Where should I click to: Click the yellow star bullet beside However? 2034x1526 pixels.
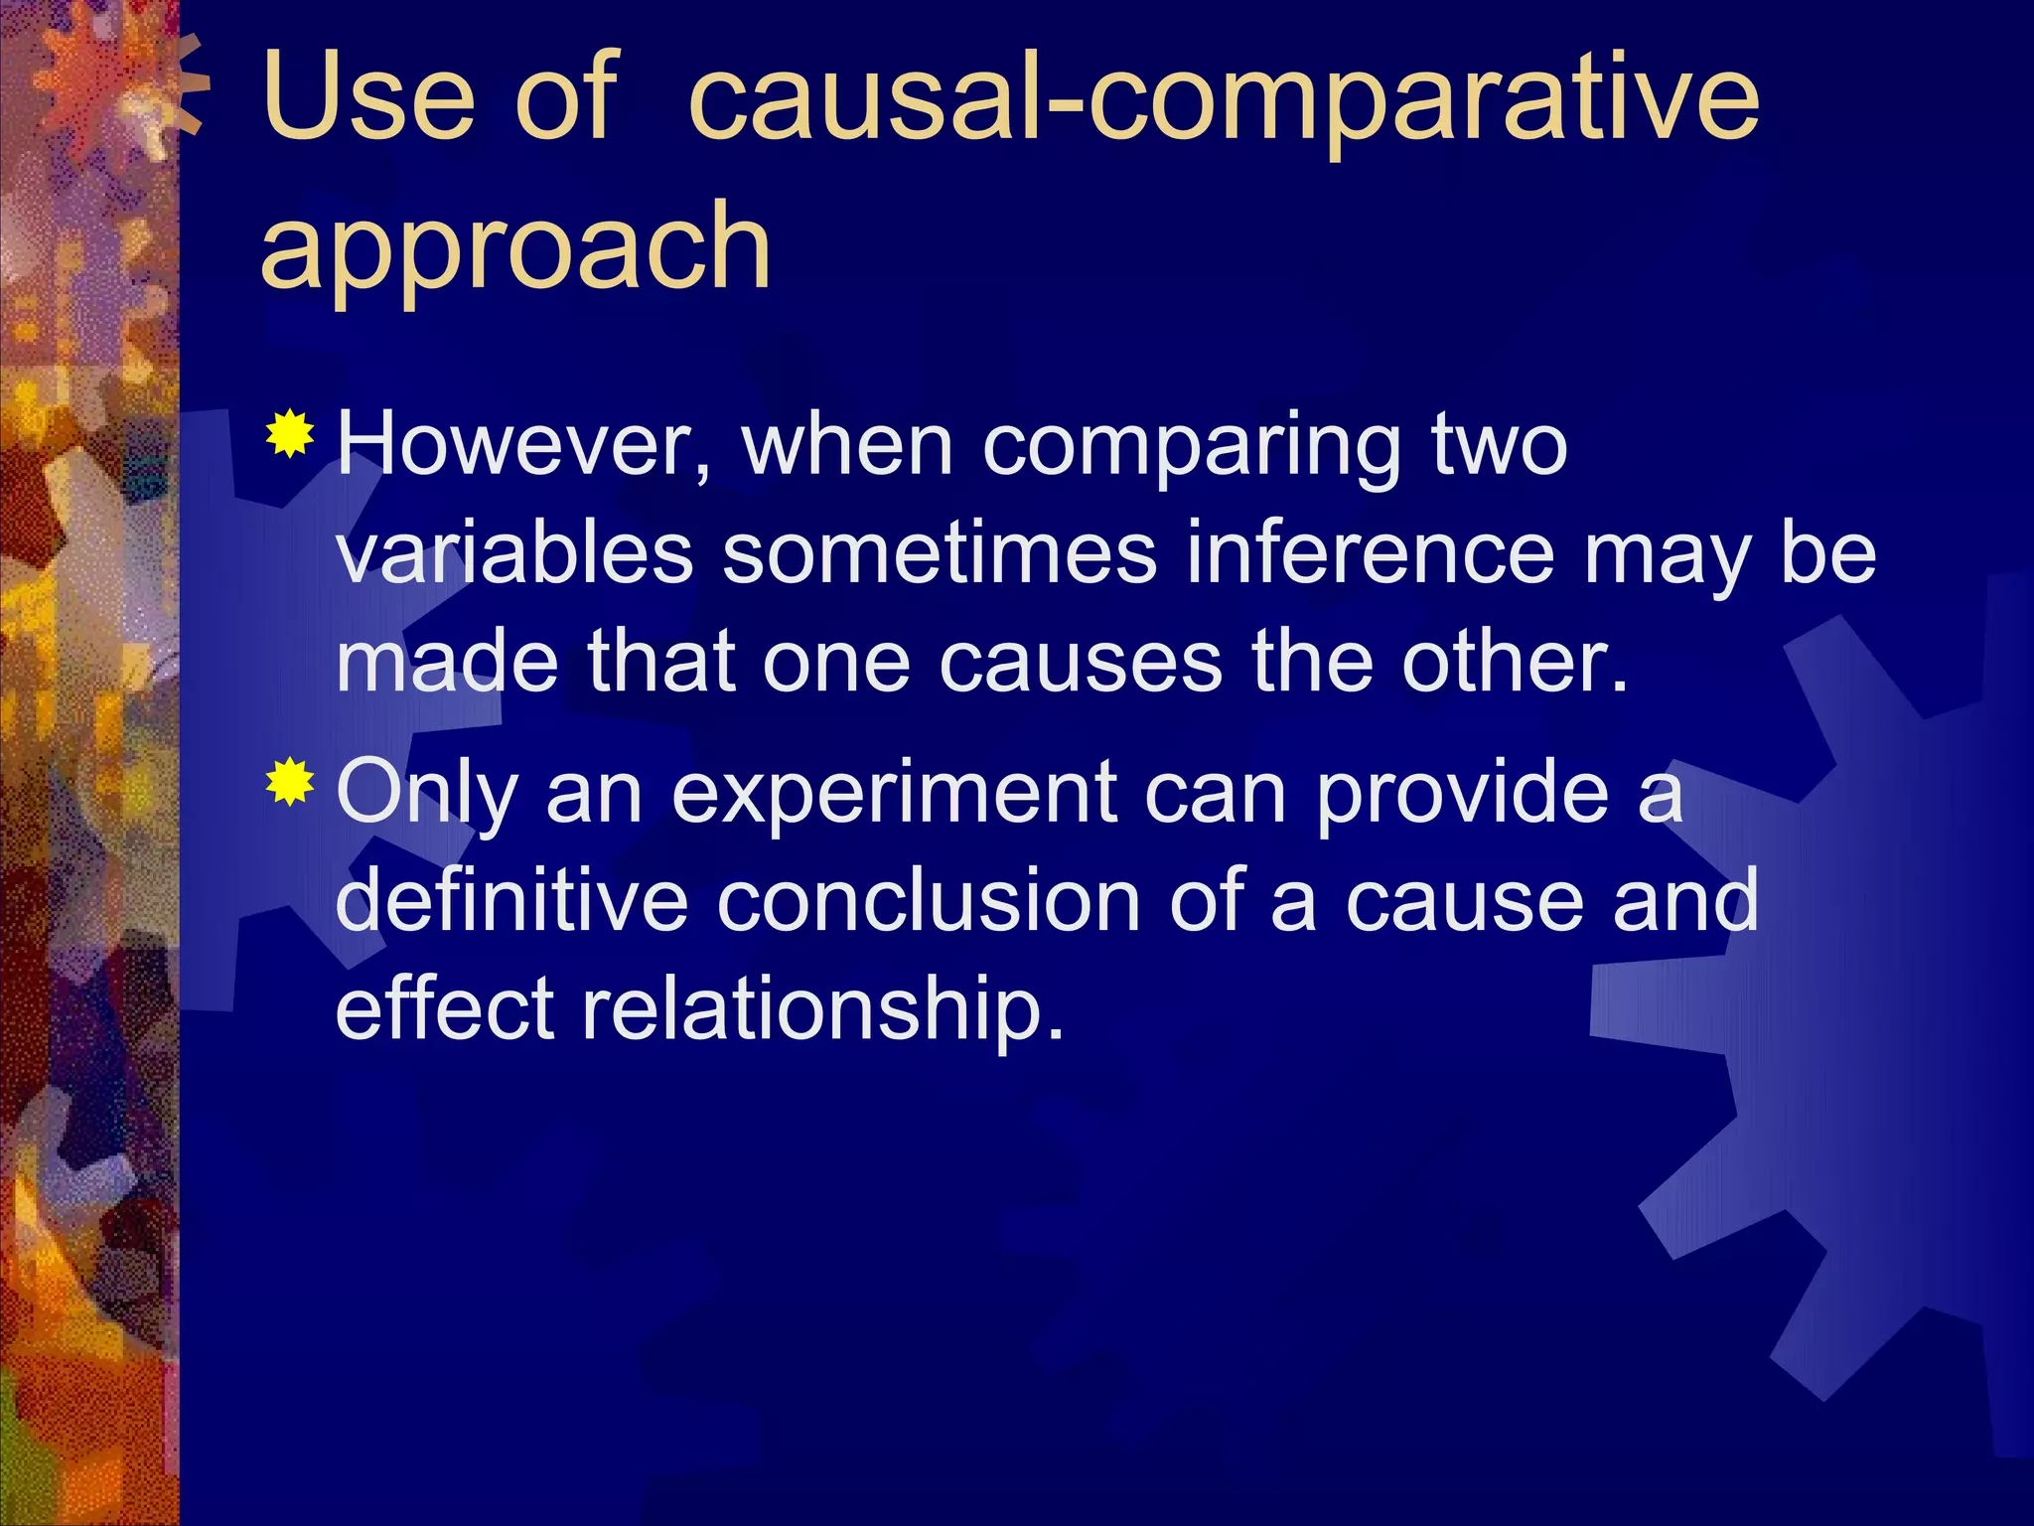[290, 433]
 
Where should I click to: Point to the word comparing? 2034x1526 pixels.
[1191, 447]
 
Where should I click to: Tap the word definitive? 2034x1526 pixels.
[512, 900]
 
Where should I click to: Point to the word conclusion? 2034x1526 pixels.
[929, 900]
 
